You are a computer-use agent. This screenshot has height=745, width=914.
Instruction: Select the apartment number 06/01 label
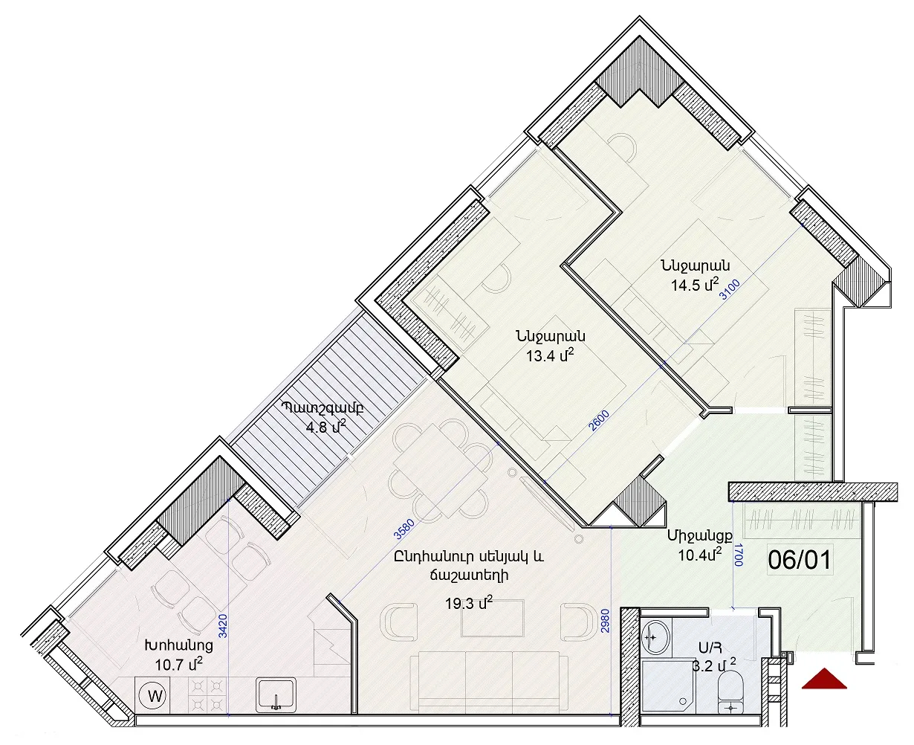(800, 560)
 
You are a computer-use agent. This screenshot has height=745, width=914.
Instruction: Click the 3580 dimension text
(404, 529)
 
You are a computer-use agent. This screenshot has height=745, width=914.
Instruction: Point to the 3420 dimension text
(222, 628)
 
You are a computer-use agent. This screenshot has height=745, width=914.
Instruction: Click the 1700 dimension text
(738, 555)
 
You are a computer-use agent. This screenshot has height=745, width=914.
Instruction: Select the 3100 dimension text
(730, 289)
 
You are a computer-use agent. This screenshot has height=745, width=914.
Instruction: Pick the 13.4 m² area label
(551, 355)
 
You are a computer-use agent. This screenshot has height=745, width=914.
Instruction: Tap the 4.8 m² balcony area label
(325, 428)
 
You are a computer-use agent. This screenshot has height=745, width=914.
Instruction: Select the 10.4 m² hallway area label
(699, 555)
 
